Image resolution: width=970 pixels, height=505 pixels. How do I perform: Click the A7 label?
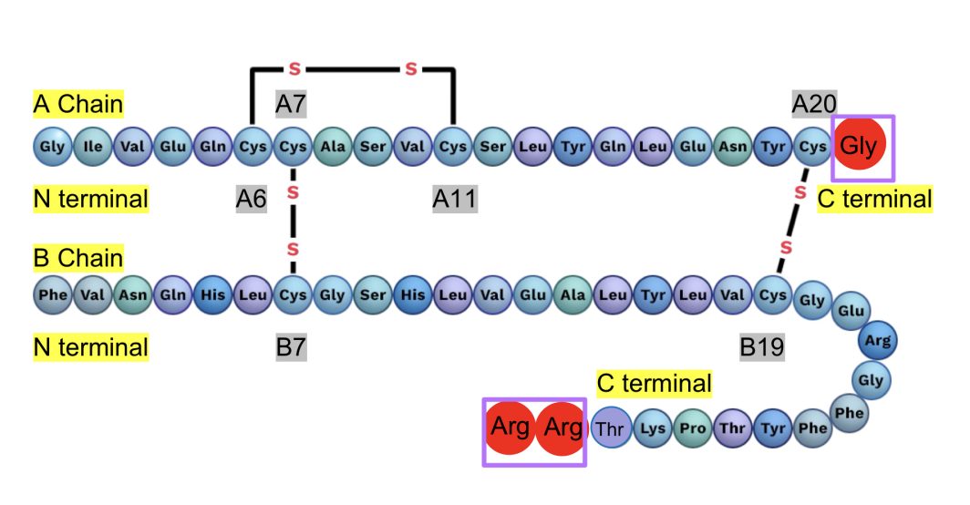coord(291,104)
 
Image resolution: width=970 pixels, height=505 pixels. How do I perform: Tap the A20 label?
coord(814,104)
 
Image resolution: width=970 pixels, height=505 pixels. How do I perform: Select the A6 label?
coord(252,199)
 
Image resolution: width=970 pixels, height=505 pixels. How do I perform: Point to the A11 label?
coord(455,199)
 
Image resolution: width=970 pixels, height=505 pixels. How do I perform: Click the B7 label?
coord(292,346)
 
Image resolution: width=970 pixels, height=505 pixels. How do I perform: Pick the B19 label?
coord(762,346)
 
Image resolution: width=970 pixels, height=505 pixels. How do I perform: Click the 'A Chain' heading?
coord(77,104)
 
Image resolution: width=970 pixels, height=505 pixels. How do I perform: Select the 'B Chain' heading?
coord(77,258)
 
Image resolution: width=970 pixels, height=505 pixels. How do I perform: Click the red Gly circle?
coord(862,145)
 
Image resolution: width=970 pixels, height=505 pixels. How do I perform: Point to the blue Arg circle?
coord(878,341)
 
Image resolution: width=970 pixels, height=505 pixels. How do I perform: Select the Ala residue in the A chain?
coord(333,145)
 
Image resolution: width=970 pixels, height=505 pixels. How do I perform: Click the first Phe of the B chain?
coord(53,294)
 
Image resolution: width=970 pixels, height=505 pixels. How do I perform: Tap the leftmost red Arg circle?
coord(511,428)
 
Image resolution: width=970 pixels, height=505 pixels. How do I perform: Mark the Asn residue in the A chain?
coord(734,145)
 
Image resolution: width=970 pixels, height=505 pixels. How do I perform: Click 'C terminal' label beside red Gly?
coord(875,199)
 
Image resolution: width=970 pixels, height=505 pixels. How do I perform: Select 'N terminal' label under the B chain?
coord(90,347)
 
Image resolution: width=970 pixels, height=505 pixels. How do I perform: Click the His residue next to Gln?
coord(212,294)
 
